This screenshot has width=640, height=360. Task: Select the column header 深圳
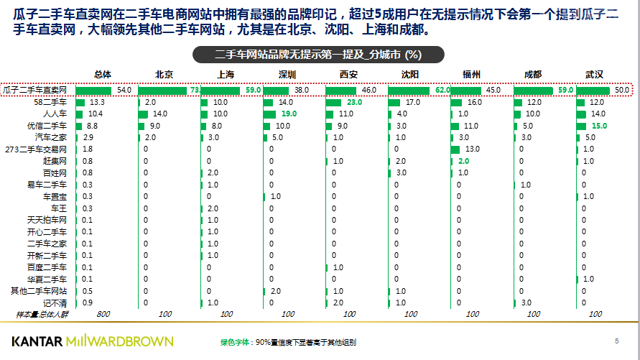tap(288, 75)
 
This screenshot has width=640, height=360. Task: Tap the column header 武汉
tap(594, 75)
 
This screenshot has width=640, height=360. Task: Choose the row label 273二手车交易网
tap(36, 149)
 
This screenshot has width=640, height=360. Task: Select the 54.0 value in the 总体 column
tap(125, 90)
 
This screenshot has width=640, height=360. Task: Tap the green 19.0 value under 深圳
tap(289, 114)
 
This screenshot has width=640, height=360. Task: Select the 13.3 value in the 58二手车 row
tap(97, 102)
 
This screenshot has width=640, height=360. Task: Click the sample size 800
tap(103, 314)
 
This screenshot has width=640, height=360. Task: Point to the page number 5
tap(616, 340)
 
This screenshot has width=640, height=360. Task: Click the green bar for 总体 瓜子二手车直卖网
tap(93, 90)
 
